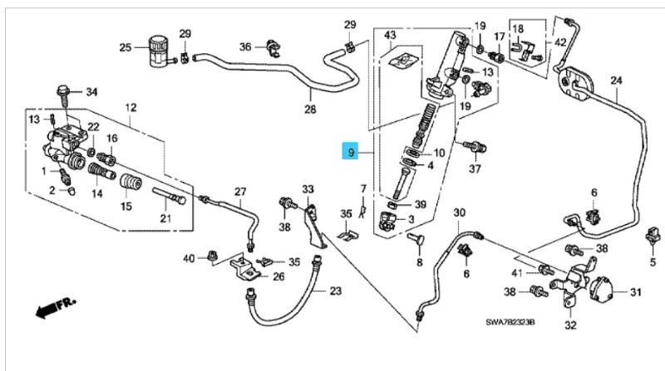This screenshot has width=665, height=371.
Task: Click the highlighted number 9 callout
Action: [352, 152]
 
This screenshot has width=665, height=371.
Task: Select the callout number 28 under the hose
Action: [310, 109]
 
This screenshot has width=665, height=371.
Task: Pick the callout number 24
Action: [616, 81]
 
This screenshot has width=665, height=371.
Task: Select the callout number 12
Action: [131, 108]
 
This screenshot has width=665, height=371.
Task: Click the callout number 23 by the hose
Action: [335, 290]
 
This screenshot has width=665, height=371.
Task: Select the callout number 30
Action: [459, 212]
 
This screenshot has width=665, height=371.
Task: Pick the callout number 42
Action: [560, 41]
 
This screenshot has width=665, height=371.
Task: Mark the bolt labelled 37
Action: [475, 148]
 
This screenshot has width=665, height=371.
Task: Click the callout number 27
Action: [240, 192]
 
